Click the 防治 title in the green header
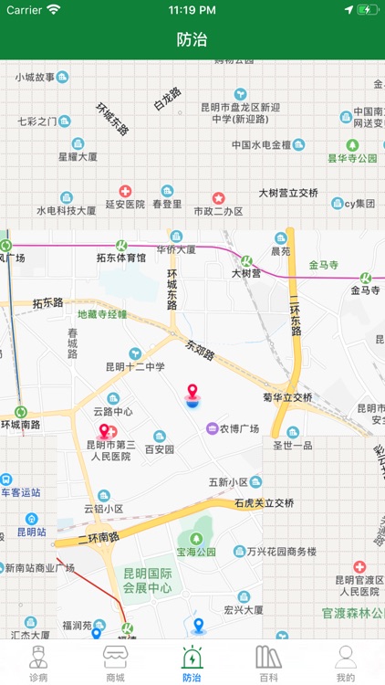click(x=192, y=39)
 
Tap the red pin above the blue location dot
click(x=192, y=393)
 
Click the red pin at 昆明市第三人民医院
click(x=104, y=431)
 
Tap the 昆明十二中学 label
click(x=135, y=366)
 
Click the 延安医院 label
click(x=125, y=205)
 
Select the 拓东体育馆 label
click(x=121, y=258)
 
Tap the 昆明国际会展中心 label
click(x=148, y=581)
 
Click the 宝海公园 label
click(x=196, y=552)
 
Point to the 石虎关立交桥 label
click(x=265, y=502)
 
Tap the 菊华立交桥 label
click(x=287, y=397)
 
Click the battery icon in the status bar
click(x=367, y=10)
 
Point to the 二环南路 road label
click(x=99, y=538)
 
